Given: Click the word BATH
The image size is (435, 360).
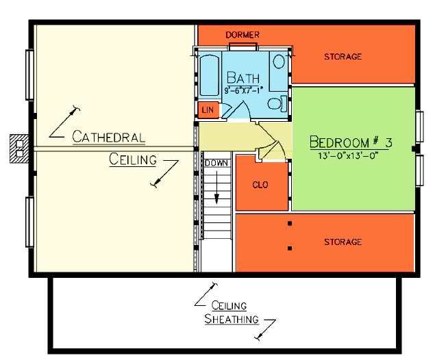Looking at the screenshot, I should point(243,77).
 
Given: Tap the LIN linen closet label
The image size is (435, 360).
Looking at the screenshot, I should point(208,110).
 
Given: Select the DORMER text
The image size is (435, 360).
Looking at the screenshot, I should point(243,34).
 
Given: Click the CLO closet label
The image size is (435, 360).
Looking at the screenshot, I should point(260,184).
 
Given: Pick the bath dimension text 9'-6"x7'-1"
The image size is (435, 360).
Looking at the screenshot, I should point(243,89).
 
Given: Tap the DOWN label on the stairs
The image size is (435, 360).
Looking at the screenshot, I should point(216,163).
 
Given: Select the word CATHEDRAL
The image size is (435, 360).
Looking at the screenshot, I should point(108,137).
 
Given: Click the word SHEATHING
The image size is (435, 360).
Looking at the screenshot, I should point(232,319).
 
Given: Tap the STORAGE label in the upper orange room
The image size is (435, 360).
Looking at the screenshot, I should point(343,56).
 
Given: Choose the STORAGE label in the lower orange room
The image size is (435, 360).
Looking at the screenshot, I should point(343,242).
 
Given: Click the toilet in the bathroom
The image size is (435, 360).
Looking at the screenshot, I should point(277,104).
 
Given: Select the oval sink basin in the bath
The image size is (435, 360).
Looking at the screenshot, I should point(279,61).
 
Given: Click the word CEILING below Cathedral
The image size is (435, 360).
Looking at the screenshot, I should point(133,160).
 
